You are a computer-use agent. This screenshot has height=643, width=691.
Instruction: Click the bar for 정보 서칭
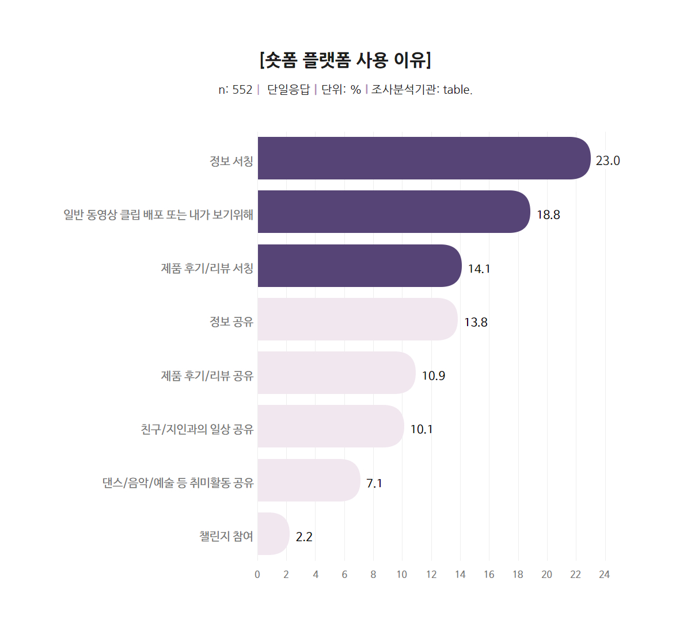424,158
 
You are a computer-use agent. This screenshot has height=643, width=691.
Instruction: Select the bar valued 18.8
394,212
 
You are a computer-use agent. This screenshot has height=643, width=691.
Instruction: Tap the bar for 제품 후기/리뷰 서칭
359,266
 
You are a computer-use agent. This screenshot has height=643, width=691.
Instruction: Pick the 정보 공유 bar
358,319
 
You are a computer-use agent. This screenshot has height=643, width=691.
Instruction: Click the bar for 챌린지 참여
273,534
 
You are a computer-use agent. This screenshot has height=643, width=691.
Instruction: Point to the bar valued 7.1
309,480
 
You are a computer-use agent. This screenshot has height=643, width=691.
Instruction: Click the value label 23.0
608,161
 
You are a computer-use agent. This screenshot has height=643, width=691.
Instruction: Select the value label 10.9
433,376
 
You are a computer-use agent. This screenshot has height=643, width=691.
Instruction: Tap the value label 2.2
304,537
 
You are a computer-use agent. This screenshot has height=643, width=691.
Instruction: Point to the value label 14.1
479,269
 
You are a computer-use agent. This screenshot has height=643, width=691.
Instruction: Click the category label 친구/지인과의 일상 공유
197,430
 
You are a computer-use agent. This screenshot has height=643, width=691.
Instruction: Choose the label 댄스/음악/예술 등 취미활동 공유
178,483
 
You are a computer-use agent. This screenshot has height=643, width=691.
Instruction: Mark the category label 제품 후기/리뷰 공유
207,376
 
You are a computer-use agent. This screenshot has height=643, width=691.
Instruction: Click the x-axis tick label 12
431,575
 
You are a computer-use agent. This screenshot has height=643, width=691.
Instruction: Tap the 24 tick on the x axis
604,575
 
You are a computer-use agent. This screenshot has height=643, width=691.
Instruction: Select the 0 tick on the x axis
257,575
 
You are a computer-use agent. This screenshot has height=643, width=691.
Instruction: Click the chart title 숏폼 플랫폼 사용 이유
345,60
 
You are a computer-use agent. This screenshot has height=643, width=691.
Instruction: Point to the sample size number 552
242,90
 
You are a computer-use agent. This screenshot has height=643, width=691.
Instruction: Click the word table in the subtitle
457,90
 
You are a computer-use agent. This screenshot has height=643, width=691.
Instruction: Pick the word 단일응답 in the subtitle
288,90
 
